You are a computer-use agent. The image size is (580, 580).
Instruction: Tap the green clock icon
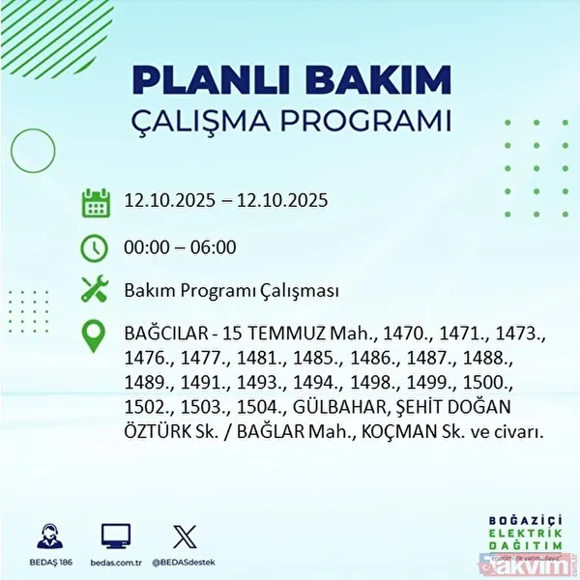tap(95, 247)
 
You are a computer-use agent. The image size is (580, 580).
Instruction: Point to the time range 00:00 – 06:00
tap(181, 247)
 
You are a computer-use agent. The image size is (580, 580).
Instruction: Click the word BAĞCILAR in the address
tap(167, 334)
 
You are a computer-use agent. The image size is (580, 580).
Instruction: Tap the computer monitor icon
tap(114, 535)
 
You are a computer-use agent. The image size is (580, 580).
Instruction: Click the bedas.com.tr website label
tap(115, 560)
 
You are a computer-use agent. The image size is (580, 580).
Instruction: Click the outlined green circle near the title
tap(30, 150)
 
